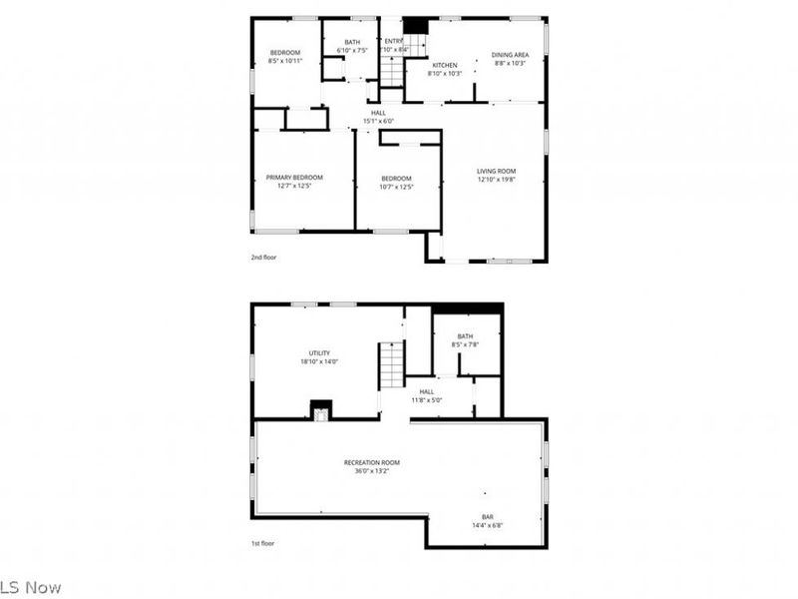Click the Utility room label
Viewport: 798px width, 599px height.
[x=318, y=353]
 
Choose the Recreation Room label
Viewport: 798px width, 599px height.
[x=371, y=462]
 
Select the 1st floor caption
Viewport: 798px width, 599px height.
[x=262, y=543]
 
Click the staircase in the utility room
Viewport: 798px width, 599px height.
[x=391, y=364]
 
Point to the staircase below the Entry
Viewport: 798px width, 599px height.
[x=392, y=72]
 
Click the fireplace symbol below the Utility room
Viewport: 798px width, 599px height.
[x=320, y=410]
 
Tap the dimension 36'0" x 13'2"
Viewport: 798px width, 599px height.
[x=371, y=470]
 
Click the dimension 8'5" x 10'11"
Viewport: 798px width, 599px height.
[x=284, y=61]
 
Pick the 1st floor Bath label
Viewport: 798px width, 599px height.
[x=465, y=336]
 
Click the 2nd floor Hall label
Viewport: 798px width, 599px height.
[x=378, y=113]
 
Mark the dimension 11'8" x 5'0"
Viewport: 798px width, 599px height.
[x=426, y=399]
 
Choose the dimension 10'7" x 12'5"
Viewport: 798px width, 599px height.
[x=396, y=187]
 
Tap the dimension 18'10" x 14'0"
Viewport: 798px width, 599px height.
[x=318, y=361]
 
